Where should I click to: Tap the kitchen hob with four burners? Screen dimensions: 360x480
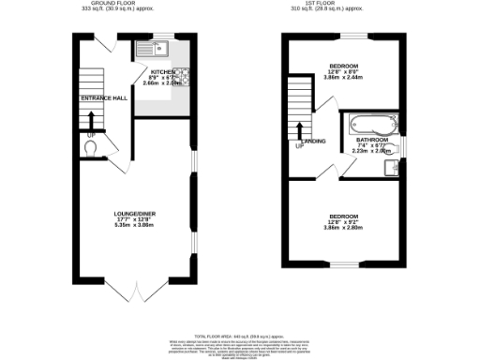(184, 76)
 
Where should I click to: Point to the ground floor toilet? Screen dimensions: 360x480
(90, 147)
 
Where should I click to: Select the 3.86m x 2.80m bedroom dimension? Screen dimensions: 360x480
(343, 228)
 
